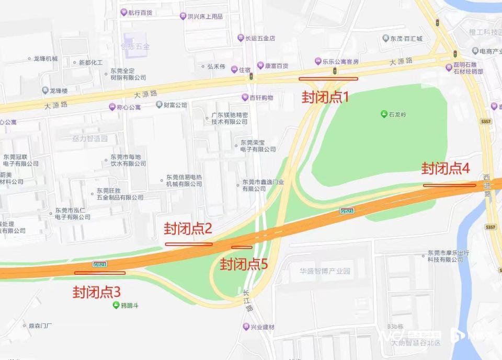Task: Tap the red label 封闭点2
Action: [x=188, y=228]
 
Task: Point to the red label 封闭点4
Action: [x=446, y=168]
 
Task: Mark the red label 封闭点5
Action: [x=244, y=264]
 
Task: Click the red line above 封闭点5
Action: [x=242, y=247]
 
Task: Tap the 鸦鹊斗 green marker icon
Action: [x=116, y=305]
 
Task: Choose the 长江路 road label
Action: [x=246, y=301]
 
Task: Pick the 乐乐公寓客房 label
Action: [x=340, y=62]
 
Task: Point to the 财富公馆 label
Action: [x=175, y=105]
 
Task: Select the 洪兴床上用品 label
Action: [x=204, y=16]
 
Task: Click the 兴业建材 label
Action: [x=261, y=327]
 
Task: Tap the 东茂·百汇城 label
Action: [x=405, y=38]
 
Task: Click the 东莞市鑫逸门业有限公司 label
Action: [x=263, y=185]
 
